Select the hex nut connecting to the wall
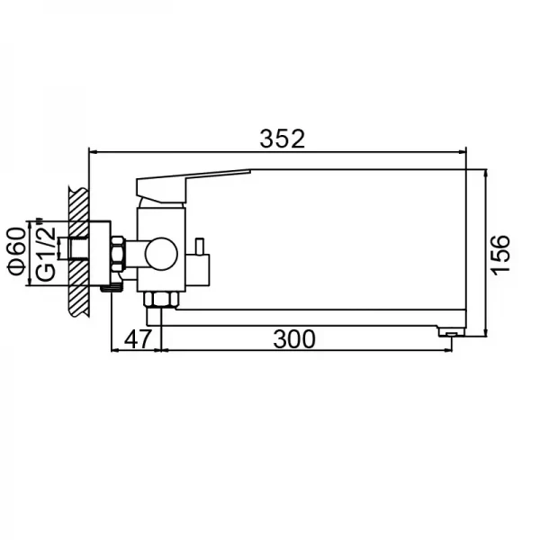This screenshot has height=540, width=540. pyautogui.click(x=118, y=254)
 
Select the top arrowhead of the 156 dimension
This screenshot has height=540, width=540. pyautogui.click(x=486, y=172)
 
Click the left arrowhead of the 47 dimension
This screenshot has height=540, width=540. pyautogui.click(x=112, y=350)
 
